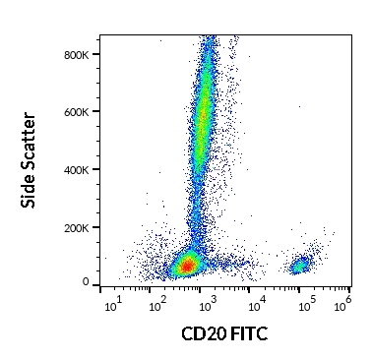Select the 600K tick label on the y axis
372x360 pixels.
tap(78, 111)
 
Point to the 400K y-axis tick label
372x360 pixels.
tap(78, 168)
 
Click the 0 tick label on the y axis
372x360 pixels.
tap(86, 282)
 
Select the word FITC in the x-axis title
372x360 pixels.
tap(248, 334)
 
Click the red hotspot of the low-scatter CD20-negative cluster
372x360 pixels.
tap(187, 266)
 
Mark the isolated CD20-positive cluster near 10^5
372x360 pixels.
tap(300, 264)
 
